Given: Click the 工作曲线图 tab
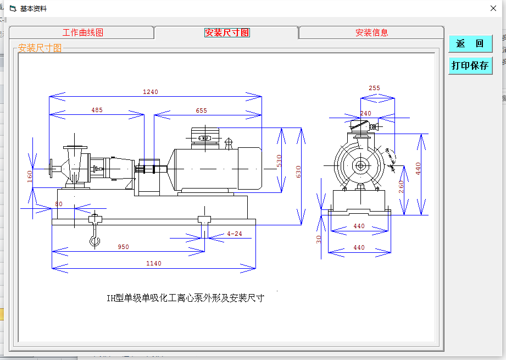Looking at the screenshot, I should coord(82,32).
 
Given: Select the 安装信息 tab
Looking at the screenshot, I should coord(371,32).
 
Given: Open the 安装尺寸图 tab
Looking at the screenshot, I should coord(227,32).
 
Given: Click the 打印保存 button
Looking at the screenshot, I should coord(470,65).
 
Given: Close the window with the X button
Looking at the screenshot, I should coord(493,8).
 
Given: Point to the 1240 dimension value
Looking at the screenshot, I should coord(151,92).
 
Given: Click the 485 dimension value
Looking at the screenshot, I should coord(97,110).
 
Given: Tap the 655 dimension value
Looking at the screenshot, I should coord(201,110).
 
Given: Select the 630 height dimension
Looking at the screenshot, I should coord(299,171).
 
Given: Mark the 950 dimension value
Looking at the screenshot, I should coord(124,247).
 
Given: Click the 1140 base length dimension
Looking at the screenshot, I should coord(154,263).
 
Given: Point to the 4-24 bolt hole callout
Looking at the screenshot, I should coord(234,234).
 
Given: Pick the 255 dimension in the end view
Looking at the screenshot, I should coord(374,88).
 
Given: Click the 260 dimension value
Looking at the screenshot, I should coord(402,187).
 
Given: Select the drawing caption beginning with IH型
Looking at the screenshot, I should coord(185,298).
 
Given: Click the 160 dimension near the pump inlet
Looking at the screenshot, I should coord(30,176).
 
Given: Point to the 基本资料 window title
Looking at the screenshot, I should coord(34,9).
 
